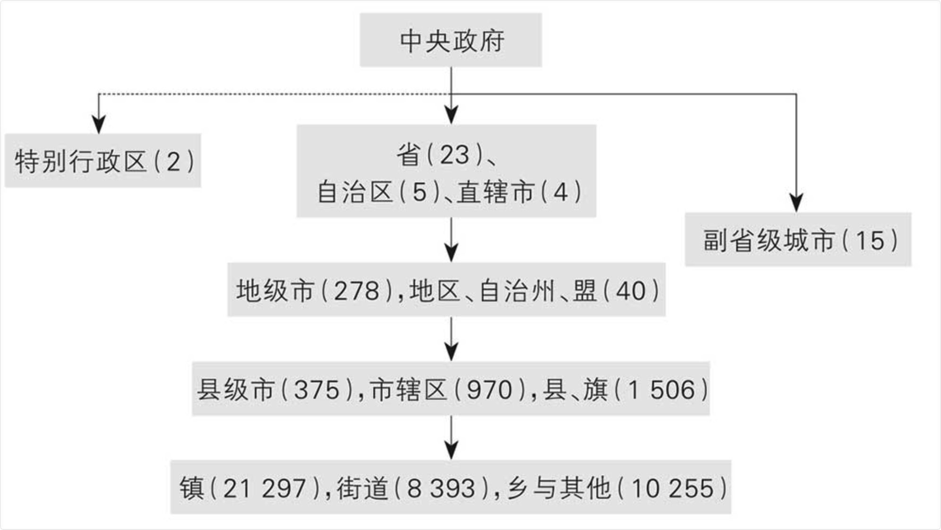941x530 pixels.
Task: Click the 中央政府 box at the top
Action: tap(451, 40)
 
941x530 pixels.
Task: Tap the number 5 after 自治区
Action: tap(419, 192)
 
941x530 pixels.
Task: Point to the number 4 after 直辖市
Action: tap(560, 192)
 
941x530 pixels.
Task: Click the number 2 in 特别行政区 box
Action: tap(173, 162)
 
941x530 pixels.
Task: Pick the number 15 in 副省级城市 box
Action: tap(870, 240)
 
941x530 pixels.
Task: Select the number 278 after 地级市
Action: tap(357, 291)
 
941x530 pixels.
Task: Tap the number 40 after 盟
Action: tap(631, 291)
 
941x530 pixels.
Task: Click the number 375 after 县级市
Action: tap(317, 390)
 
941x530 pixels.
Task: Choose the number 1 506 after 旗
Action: tap(662, 390)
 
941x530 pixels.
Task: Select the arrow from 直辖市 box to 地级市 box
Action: tap(451, 240)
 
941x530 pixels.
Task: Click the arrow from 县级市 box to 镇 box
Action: tap(451, 438)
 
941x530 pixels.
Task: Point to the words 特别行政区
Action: tap(81, 162)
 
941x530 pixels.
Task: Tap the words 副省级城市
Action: tap(769, 240)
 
